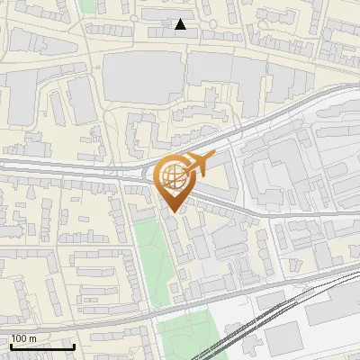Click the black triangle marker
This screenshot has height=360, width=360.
[x=181, y=24]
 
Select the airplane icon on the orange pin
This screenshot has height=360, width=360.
[x=197, y=165]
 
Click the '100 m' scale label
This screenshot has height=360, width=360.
[x=23, y=338]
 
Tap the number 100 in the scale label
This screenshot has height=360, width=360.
[x=19, y=338]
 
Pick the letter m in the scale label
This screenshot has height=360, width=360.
[x=32, y=338]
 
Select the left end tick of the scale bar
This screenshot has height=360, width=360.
[x=10, y=345]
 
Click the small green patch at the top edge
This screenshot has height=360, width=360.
[x=87, y=4]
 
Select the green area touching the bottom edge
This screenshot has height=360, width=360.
[x=184, y=337]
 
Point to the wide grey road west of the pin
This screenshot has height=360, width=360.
[x=63, y=166]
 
